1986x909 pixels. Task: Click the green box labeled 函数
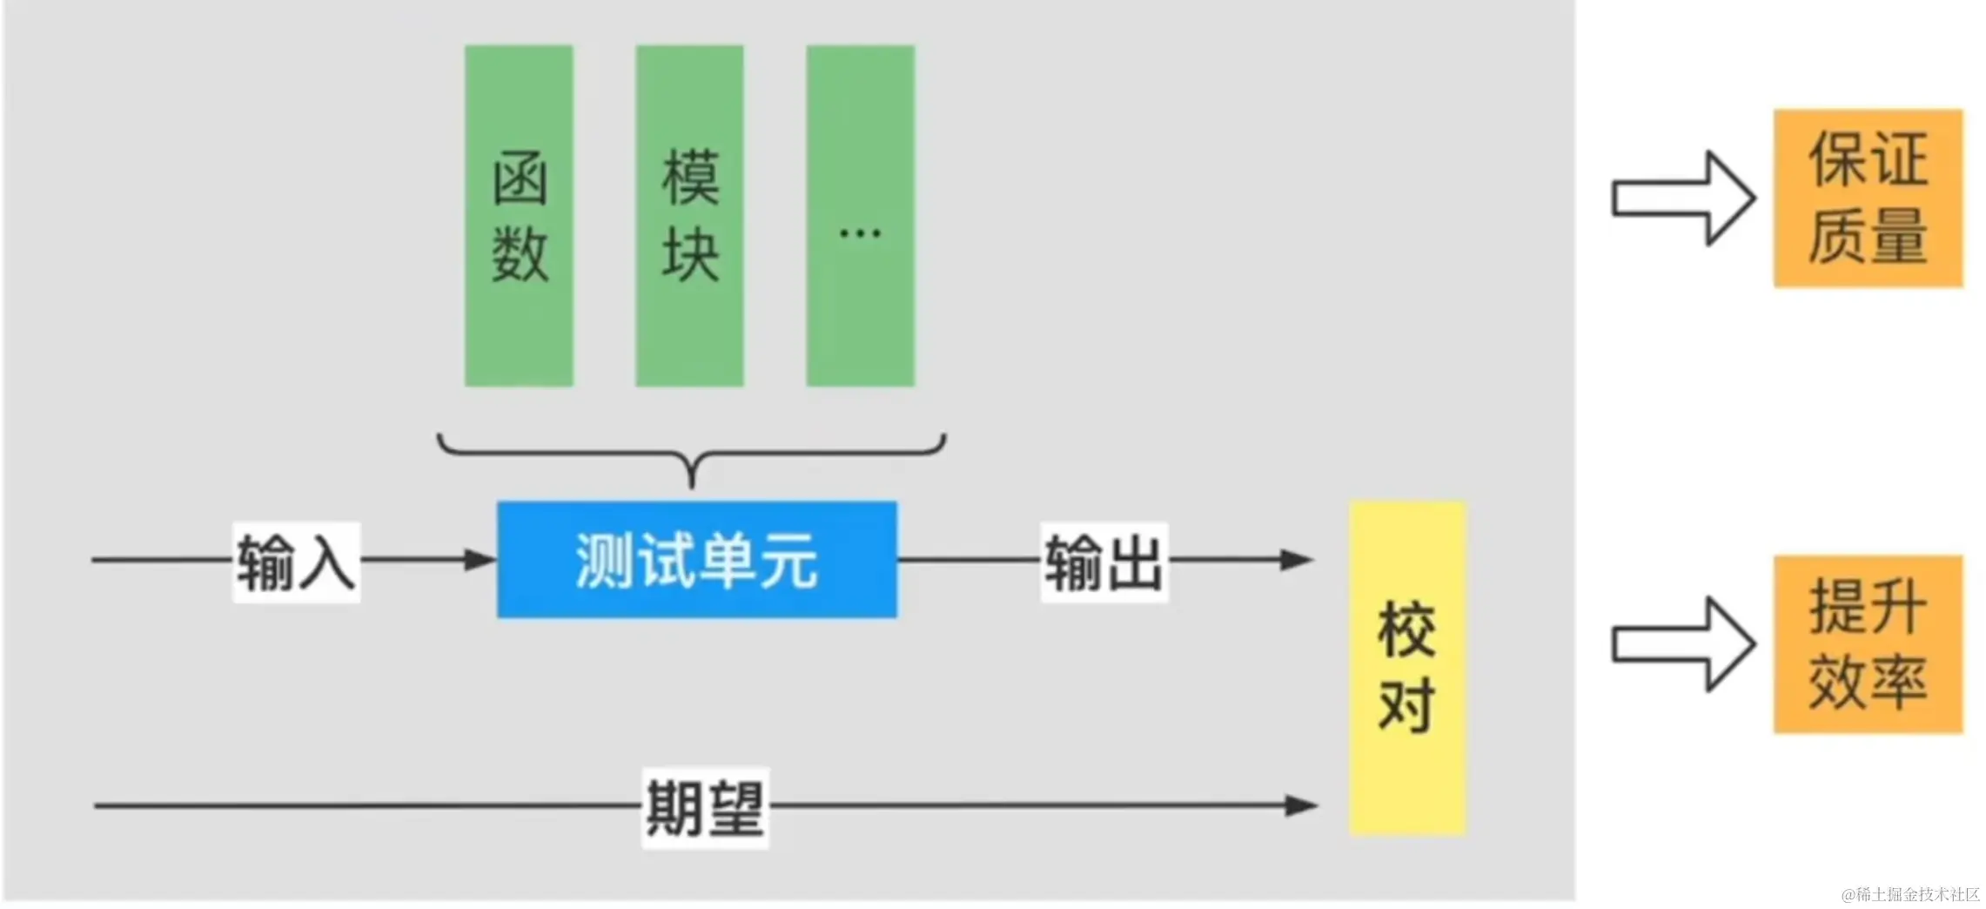click(x=519, y=215)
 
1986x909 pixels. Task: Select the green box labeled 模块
click(x=689, y=215)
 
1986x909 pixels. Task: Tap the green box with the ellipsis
click(x=860, y=215)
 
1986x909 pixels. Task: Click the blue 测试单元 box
click(x=696, y=560)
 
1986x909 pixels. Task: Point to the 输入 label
click(x=296, y=562)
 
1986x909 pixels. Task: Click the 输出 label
click(x=1104, y=562)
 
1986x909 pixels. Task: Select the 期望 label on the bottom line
click(x=705, y=807)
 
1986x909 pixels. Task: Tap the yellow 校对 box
click(x=1407, y=668)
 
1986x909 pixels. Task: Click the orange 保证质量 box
click(x=1868, y=199)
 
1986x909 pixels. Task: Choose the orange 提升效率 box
click(x=1868, y=644)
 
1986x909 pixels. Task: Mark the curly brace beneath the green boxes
click(x=691, y=454)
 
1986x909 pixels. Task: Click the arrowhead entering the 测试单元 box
click(x=480, y=560)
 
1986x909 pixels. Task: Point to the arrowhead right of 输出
click(x=1297, y=560)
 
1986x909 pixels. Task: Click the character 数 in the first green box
click(x=520, y=254)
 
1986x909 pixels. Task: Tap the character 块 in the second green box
click(x=690, y=254)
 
